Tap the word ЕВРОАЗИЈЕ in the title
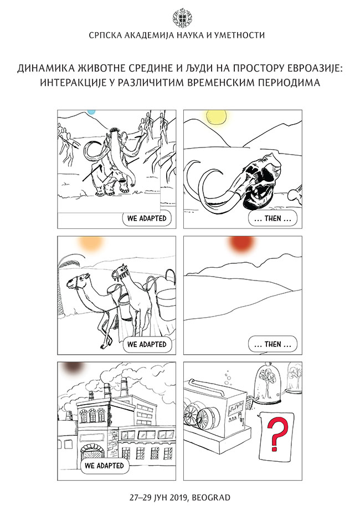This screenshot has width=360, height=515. tap(310, 68)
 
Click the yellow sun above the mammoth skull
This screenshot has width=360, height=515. tap(216, 118)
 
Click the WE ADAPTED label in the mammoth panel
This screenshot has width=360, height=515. tap(147, 218)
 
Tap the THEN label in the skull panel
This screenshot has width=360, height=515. tap(272, 218)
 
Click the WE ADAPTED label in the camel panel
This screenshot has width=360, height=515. tap(147, 345)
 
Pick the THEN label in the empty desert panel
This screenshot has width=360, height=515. tap(272, 345)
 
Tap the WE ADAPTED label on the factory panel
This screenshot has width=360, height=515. tap(105, 466)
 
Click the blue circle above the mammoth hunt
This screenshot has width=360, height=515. tap(91, 112)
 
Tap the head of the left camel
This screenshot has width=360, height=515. tap(75, 283)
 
